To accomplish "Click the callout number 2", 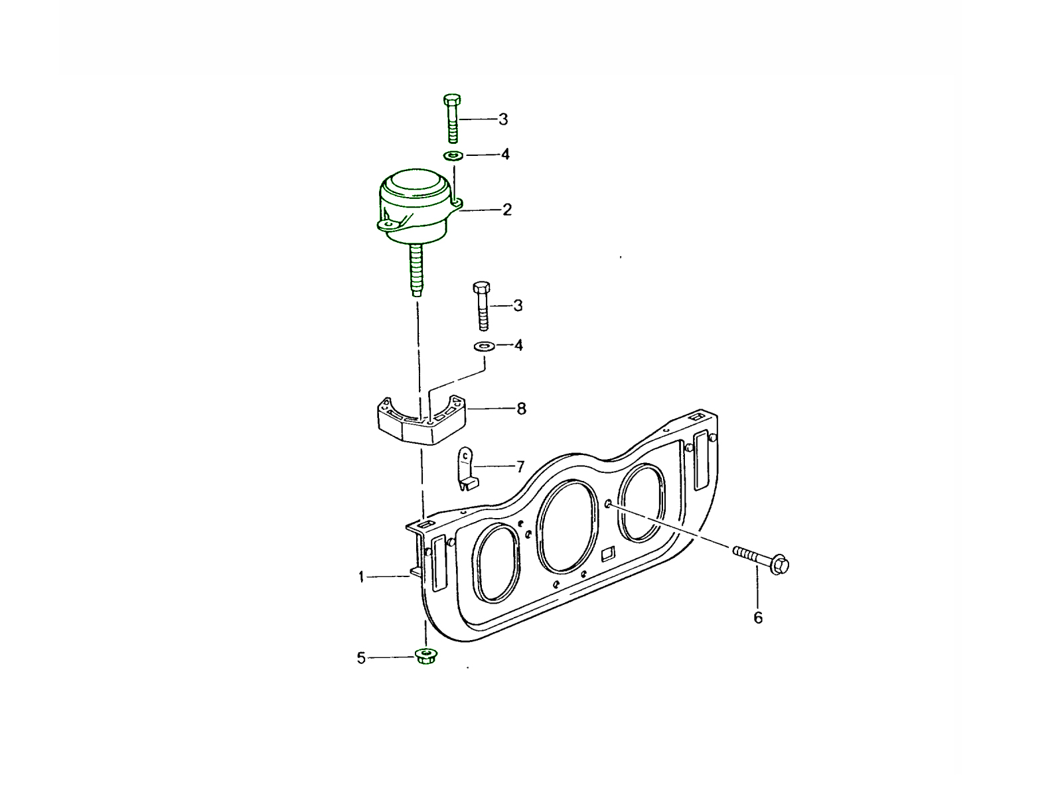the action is [506, 210].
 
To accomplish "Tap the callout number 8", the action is [521, 409].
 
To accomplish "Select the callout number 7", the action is [520, 467].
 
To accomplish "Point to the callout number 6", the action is [758, 618].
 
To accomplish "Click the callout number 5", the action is [361, 658].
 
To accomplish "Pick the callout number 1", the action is [361, 576].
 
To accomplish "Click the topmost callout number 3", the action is [503, 119].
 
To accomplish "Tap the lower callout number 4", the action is [518, 345].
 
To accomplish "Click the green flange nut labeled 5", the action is [425, 656].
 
